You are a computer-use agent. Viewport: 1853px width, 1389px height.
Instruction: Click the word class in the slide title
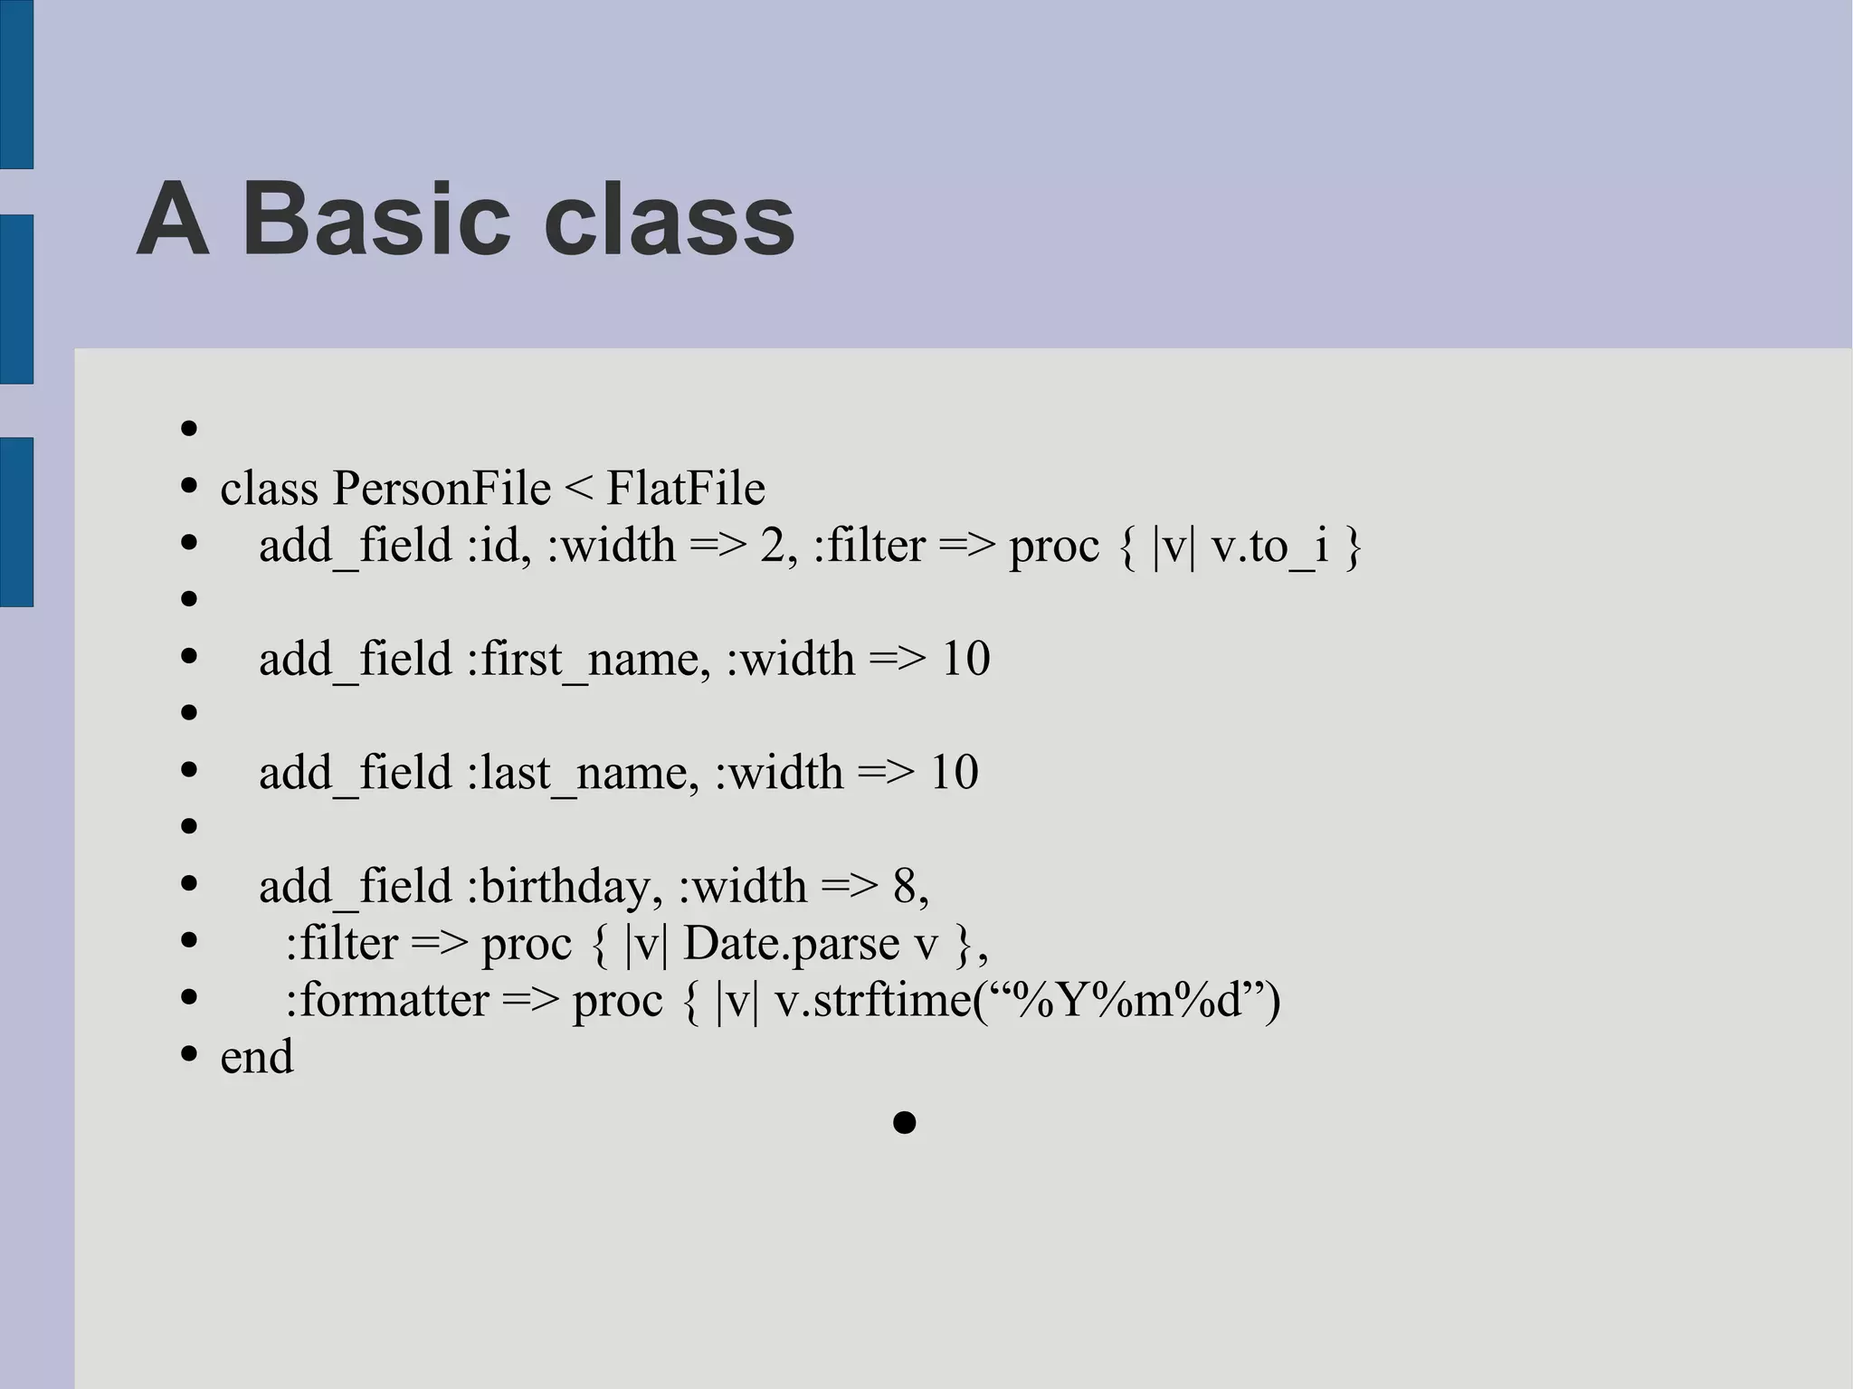click(669, 220)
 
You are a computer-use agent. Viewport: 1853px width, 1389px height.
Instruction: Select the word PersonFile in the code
click(441, 489)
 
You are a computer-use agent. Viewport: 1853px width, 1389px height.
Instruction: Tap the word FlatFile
click(685, 489)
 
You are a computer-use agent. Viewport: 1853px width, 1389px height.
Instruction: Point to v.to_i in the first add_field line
click(1269, 546)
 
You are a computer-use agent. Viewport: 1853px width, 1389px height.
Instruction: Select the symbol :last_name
click(583, 773)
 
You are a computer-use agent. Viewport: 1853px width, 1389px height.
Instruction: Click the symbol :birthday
click(565, 886)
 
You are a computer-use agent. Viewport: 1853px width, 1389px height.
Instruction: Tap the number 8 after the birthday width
click(904, 886)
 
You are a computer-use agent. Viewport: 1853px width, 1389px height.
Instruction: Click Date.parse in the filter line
click(791, 944)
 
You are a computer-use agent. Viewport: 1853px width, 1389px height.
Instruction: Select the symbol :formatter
click(386, 1001)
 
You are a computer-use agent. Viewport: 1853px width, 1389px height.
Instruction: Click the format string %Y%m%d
click(1128, 1001)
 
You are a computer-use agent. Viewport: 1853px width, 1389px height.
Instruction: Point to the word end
click(256, 1057)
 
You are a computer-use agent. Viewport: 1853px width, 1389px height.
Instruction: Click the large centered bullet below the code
click(904, 1123)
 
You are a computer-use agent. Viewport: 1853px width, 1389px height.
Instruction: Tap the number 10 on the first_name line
click(965, 659)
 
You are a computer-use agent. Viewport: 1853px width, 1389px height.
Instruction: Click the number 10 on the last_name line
click(954, 773)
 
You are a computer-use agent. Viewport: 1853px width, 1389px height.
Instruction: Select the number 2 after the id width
click(773, 546)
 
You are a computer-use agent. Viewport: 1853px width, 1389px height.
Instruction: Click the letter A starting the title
click(173, 220)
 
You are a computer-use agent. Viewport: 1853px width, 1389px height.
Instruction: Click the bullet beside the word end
click(188, 1055)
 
